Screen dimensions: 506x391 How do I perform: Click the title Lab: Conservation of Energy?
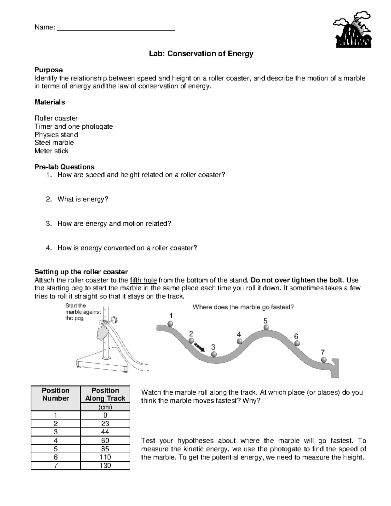pyautogui.click(x=201, y=54)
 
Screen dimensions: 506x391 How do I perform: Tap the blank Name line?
pyautogui.click(x=116, y=28)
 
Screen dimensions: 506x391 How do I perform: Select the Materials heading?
pyautogui.click(x=50, y=102)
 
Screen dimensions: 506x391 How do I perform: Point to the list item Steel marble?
pyautogui.click(x=54, y=143)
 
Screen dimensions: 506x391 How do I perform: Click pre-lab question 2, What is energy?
pyautogui.click(x=82, y=199)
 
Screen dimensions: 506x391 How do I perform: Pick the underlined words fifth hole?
pyautogui.click(x=143, y=280)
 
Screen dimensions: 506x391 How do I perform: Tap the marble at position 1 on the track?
pyautogui.click(x=170, y=324)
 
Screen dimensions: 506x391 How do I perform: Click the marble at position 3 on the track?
pyautogui.click(x=214, y=354)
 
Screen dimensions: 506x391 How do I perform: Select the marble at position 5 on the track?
pyautogui.click(x=266, y=327)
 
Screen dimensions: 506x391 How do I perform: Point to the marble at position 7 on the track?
pyautogui.click(x=324, y=360)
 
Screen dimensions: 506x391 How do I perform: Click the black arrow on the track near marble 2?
pyautogui.click(x=199, y=347)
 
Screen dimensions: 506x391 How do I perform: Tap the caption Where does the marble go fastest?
pyautogui.click(x=243, y=307)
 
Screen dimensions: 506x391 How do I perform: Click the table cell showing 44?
pyautogui.click(x=105, y=432)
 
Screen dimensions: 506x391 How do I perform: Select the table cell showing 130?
pyautogui.click(x=105, y=466)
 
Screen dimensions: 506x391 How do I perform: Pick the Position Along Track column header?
pyautogui.click(x=105, y=394)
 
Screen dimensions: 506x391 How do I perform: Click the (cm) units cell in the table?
pyautogui.click(x=105, y=407)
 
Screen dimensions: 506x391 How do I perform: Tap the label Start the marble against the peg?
pyautogui.click(x=83, y=312)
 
